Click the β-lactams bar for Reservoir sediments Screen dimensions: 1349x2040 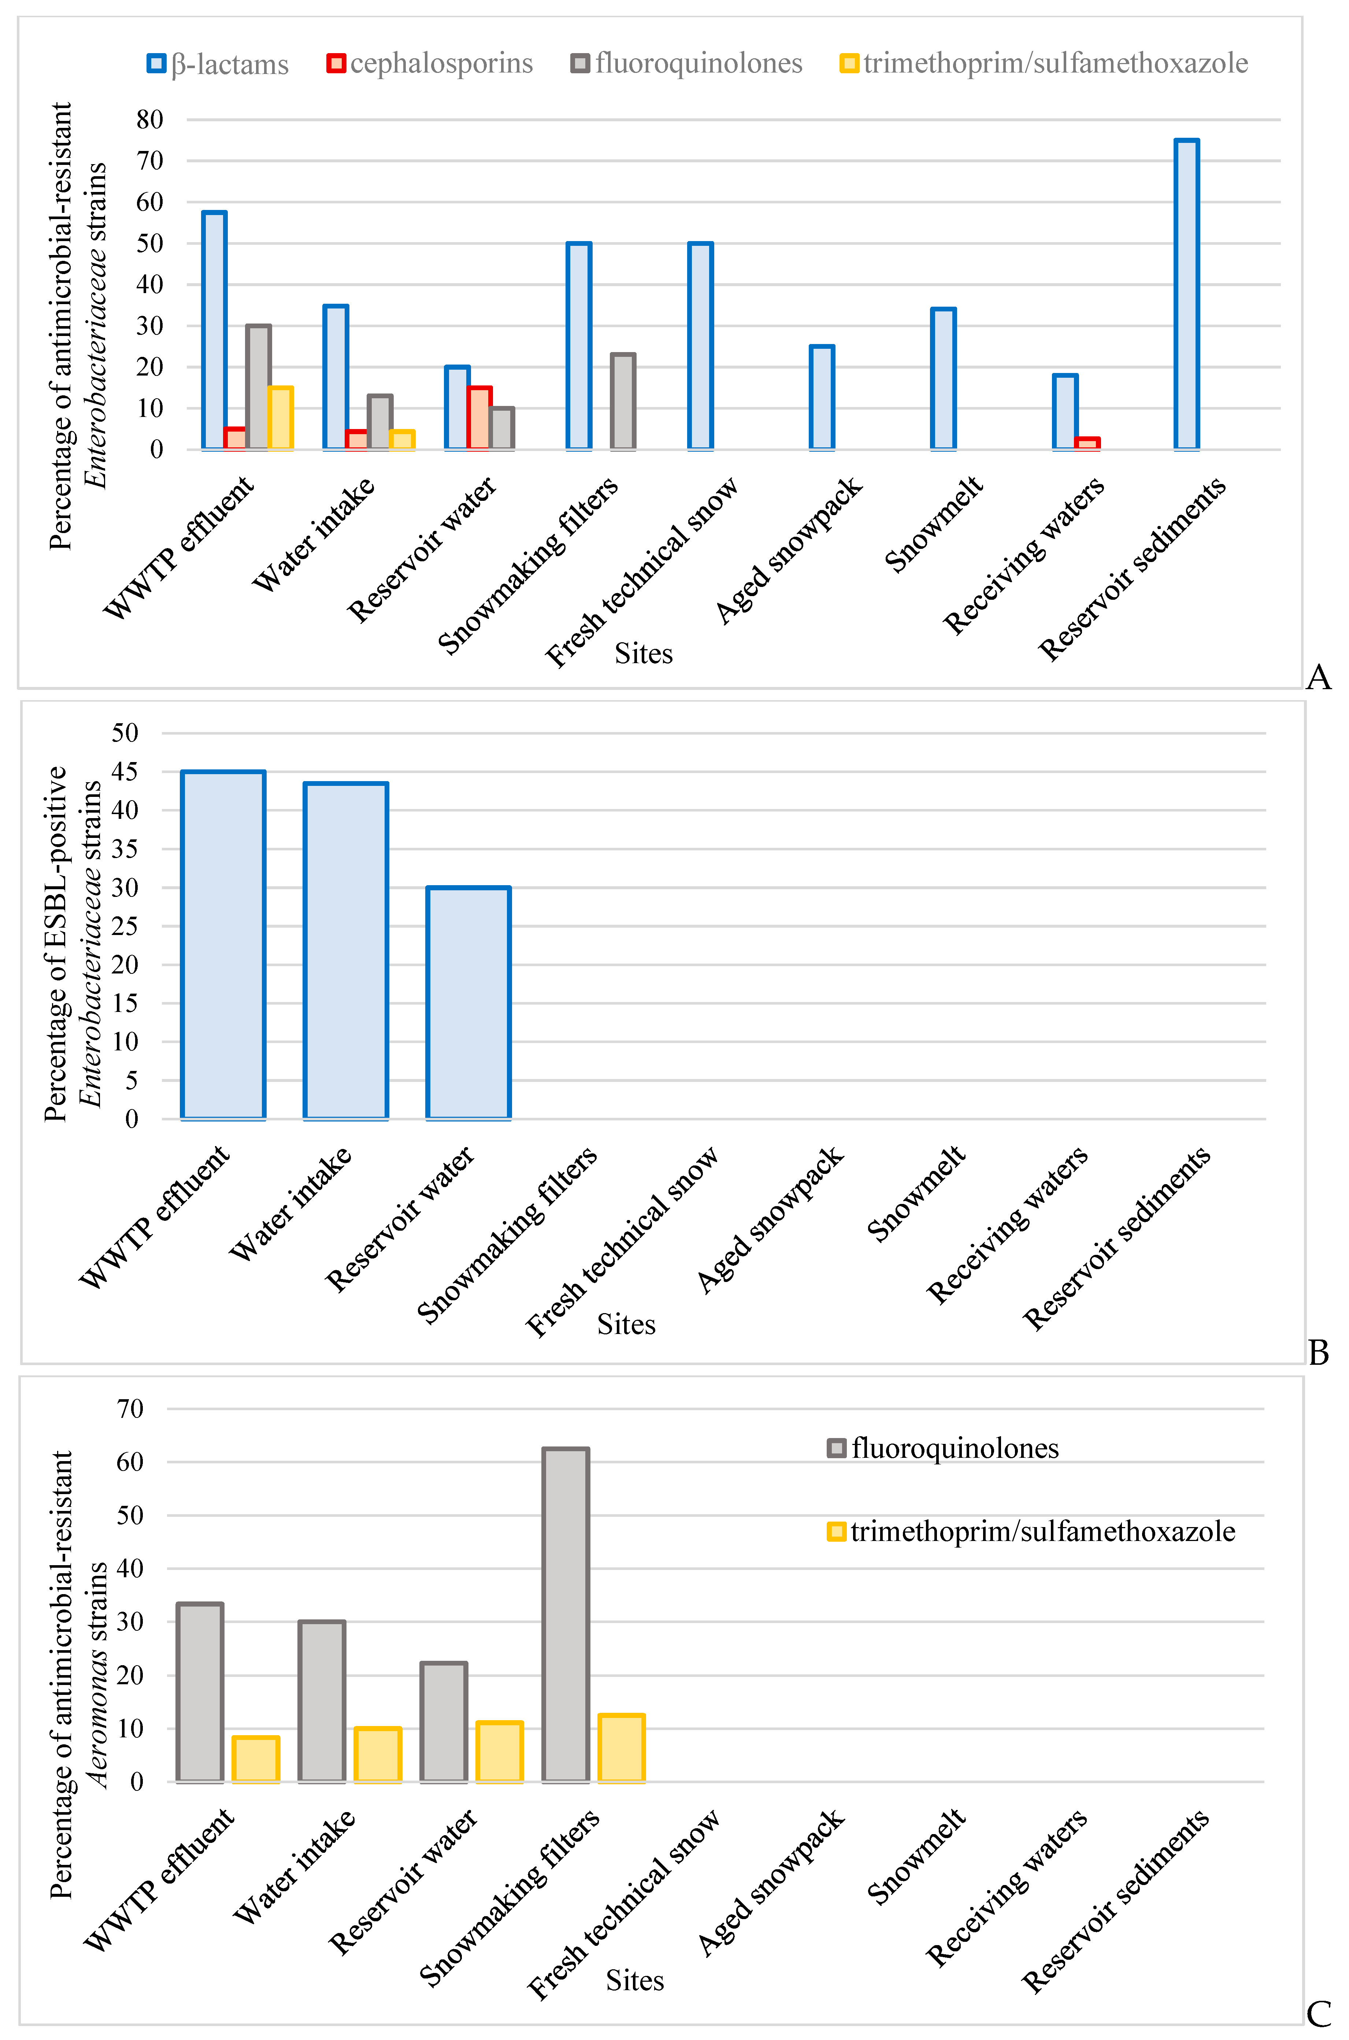click(1186, 294)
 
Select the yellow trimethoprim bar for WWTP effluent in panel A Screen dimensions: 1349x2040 click(281, 418)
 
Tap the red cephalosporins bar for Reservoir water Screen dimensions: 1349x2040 click(479, 418)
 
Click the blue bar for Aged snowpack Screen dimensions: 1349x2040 click(822, 398)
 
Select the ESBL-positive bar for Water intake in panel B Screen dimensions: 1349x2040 click(346, 951)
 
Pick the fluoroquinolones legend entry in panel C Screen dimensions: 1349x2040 click(943, 1448)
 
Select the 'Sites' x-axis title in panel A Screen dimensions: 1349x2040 click(644, 654)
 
